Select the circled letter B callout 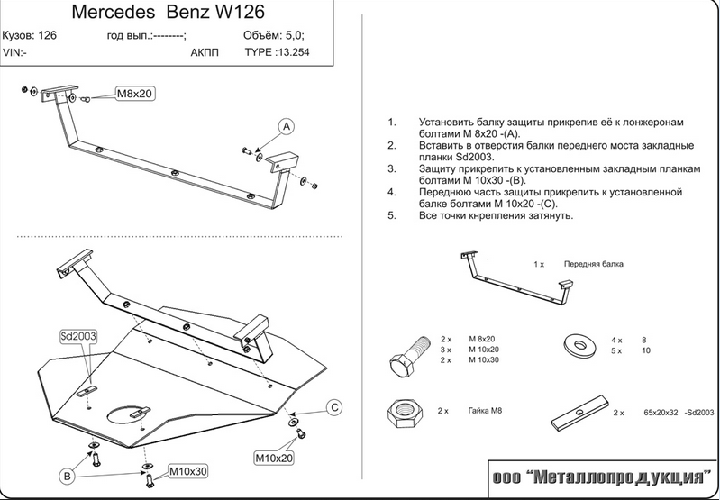[67, 475]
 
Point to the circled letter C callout [332, 408]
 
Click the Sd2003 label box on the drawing [78, 336]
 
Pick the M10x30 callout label [187, 471]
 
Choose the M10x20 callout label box [273, 458]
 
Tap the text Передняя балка [593, 265]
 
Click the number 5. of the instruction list [391, 216]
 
